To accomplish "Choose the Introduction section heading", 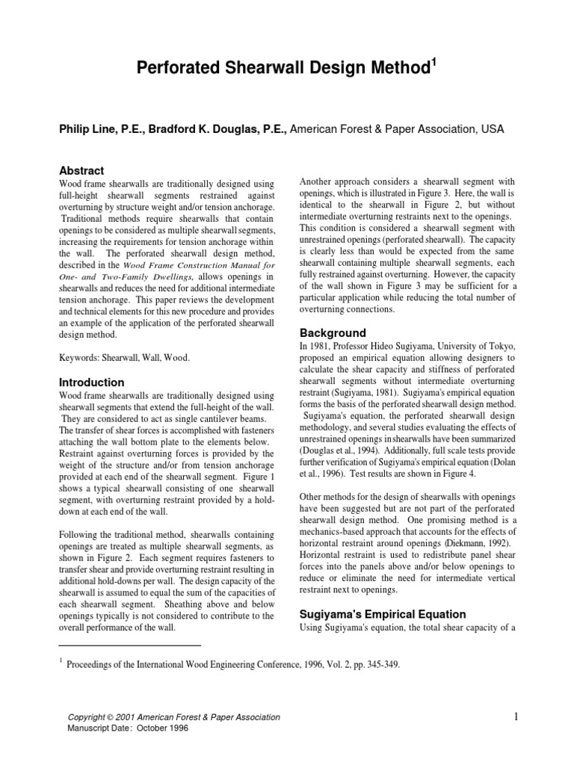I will tap(91, 382).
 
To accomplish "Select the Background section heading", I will tap(333, 332).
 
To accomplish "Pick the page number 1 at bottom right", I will tap(515, 718).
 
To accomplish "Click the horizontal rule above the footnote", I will tap(129, 645).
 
